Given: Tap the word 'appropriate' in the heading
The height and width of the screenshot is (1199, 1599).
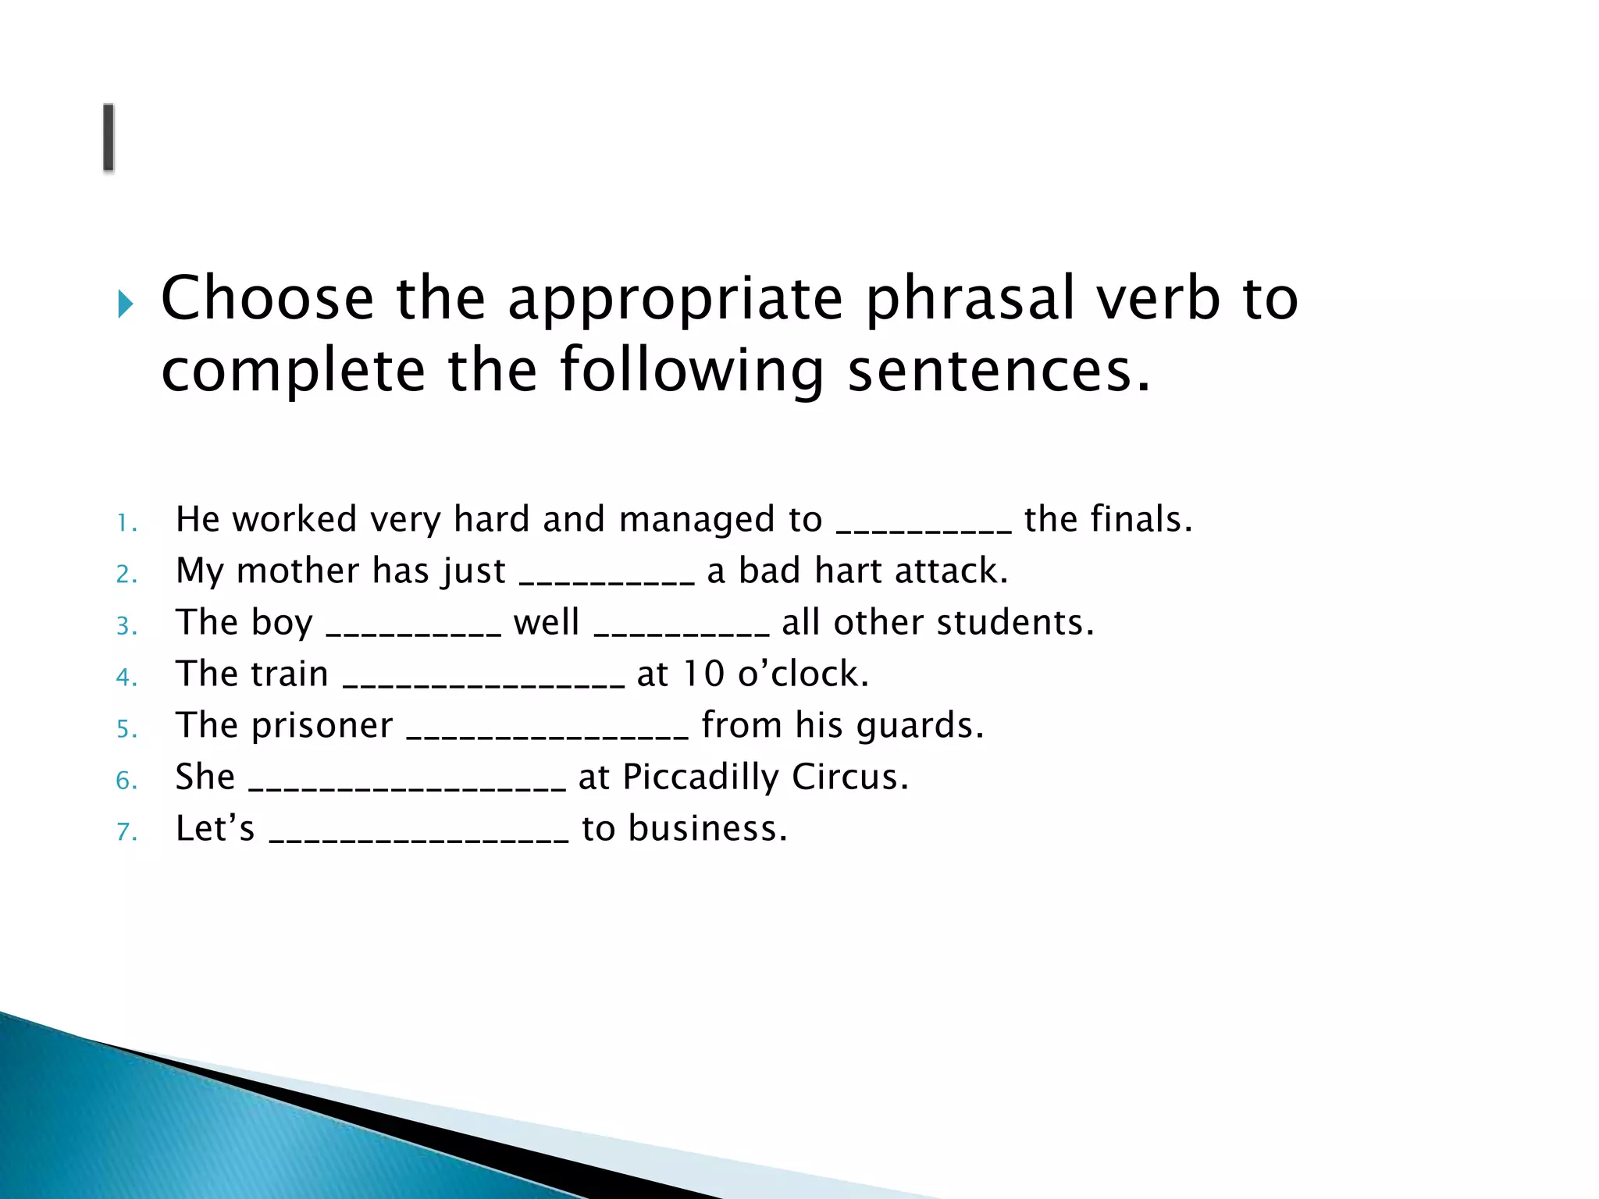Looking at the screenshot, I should (x=675, y=299).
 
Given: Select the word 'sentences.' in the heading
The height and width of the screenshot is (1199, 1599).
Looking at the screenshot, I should (x=999, y=371).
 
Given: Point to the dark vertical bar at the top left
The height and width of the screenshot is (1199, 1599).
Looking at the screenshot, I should (x=109, y=137).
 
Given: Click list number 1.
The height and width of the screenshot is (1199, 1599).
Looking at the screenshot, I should (x=126, y=523).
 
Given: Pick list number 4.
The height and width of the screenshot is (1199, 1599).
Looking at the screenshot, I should (x=126, y=677).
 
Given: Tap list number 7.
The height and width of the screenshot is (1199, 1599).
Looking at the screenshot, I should (x=126, y=831).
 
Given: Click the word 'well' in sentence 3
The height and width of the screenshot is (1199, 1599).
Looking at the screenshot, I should (x=547, y=622).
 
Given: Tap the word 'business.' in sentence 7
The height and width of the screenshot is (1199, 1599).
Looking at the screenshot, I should (x=707, y=828).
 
